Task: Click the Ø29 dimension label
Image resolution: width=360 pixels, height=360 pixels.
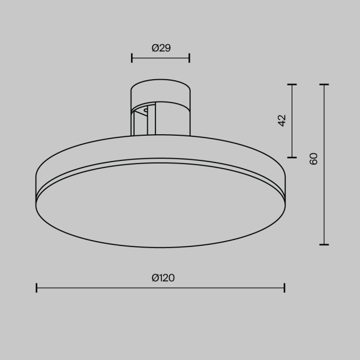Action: pyautogui.click(x=161, y=48)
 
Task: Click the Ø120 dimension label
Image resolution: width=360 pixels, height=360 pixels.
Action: pyautogui.click(x=163, y=278)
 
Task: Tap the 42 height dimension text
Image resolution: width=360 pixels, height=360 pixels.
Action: pyautogui.click(x=282, y=120)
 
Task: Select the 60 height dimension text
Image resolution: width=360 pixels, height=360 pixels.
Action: pyautogui.click(x=314, y=158)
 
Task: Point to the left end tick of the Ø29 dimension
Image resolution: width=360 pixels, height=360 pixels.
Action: pyautogui.click(x=132, y=58)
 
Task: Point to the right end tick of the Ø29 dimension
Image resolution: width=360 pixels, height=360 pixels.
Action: pyautogui.click(x=189, y=58)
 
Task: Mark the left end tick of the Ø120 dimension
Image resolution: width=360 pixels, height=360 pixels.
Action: pyautogui.click(x=37, y=287)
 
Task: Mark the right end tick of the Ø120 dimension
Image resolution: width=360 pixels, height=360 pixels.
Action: pyautogui.click(x=284, y=287)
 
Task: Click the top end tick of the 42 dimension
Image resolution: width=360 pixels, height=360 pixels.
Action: pyautogui.click(x=292, y=84)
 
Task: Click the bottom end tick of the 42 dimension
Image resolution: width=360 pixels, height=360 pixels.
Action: pyautogui.click(x=292, y=157)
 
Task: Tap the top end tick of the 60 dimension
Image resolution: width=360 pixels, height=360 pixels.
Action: pyautogui.click(x=323, y=84)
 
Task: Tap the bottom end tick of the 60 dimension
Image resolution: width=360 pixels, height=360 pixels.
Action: pyautogui.click(x=323, y=245)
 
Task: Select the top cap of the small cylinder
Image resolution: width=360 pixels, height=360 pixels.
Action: pyautogui.click(x=161, y=91)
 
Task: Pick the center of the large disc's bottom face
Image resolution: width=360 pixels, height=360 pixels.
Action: pyautogui.click(x=160, y=206)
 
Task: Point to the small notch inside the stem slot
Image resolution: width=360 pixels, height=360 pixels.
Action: pyautogui.click(x=147, y=110)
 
